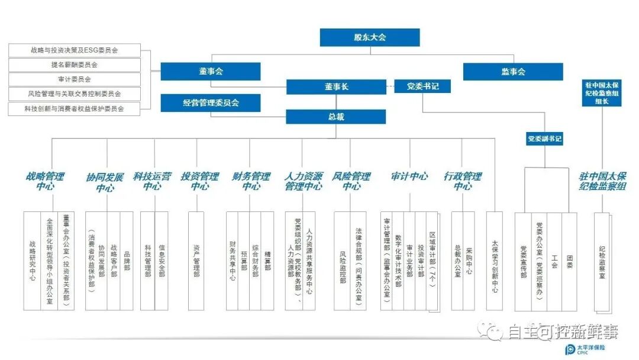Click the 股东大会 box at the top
click(x=370, y=37)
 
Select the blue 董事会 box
click(x=211, y=72)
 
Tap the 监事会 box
click(x=513, y=72)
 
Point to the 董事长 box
click(x=336, y=86)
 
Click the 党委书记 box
click(x=423, y=86)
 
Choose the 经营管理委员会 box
click(x=211, y=103)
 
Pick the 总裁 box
click(x=336, y=117)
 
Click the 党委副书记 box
click(x=544, y=140)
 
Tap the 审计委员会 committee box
click(x=75, y=79)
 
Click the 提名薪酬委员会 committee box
click(x=75, y=65)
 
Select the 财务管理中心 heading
click(x=251, y=181)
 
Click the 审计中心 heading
click(x=409, y=176)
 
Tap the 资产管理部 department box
click(x=196, y=261)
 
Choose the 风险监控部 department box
click(x=343, y=261)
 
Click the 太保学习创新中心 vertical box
click(x=495, y=261)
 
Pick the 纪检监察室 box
click(x=602, y=261)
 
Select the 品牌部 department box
click(x=127, y=261)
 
